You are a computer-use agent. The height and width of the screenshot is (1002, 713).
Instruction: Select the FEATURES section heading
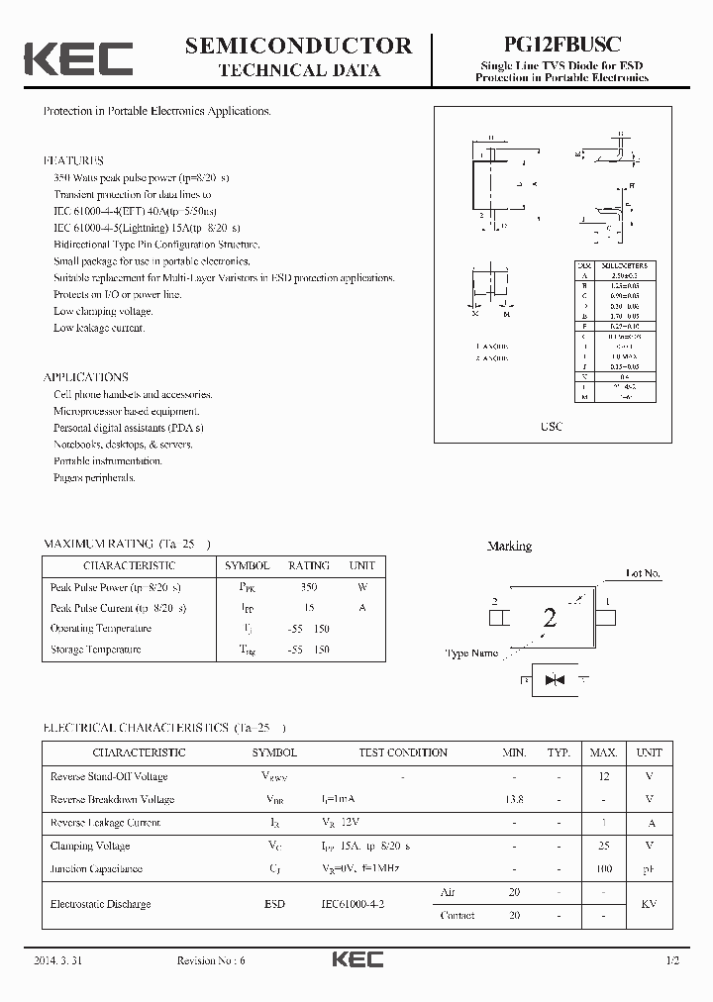point(73,160)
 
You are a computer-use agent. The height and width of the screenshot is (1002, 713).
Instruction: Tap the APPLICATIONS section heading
point(85,377)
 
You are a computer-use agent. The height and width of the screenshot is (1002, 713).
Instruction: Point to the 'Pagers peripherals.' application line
point(94,477)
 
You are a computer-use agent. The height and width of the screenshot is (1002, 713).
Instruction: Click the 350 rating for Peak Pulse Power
point(308,587)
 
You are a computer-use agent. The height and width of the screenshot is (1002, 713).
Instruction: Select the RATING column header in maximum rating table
point(309,565)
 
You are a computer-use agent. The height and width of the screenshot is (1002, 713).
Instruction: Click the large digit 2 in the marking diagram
point(550,619)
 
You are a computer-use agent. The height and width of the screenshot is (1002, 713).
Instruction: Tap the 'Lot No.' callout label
point(643,573)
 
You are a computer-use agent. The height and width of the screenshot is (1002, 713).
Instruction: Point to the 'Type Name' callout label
point(471,653)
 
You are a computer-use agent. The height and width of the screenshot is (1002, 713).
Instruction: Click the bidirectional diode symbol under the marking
point(554,680)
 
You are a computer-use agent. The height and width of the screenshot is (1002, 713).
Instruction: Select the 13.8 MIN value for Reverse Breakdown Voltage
point(514,799)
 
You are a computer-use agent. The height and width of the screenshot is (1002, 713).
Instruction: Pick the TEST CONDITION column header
point(403,753)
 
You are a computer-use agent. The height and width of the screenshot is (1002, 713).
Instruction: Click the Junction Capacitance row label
point(96,868)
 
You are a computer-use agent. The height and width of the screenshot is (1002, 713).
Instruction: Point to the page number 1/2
point(673,960)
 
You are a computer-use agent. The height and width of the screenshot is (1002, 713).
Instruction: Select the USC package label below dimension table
point(552,427)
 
